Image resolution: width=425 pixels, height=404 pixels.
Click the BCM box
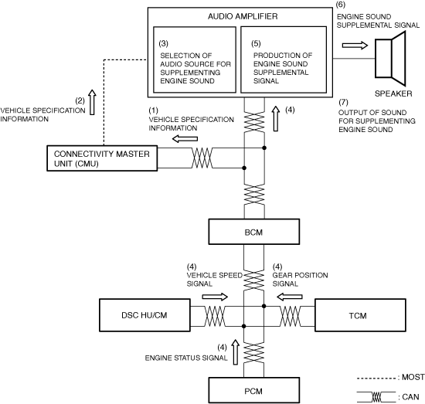[254, 232]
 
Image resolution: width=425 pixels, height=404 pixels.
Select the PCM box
[254, 390]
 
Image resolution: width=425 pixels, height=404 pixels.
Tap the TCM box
[360, 315]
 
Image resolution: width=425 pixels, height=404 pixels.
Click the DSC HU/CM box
[144, 315]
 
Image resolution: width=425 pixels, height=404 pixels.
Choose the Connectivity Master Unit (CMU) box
[102, 158]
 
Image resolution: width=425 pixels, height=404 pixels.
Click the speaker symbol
[390, 58]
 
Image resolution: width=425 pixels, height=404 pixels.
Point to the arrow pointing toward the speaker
[355, 46]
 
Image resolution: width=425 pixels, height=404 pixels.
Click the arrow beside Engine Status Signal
[235, 352]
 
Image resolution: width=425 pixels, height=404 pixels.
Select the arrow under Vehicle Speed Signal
[215, 297]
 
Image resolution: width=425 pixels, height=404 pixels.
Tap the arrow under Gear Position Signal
[289, 297]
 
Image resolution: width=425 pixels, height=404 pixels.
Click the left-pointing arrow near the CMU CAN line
[185, 139]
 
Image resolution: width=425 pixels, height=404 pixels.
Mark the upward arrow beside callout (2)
[92, 102]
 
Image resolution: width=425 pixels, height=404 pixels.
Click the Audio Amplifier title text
[243, 16]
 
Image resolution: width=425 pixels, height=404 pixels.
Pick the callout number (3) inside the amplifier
[164, 43]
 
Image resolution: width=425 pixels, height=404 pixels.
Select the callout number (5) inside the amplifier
[256, 43]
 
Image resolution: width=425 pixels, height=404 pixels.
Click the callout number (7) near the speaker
[343, 102]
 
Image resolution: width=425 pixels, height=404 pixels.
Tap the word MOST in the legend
[413, 377]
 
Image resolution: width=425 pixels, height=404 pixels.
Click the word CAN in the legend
[410, 397]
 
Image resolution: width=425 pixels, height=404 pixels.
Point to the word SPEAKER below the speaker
[393, 93]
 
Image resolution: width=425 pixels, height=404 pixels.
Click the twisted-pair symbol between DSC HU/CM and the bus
[215, 316]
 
